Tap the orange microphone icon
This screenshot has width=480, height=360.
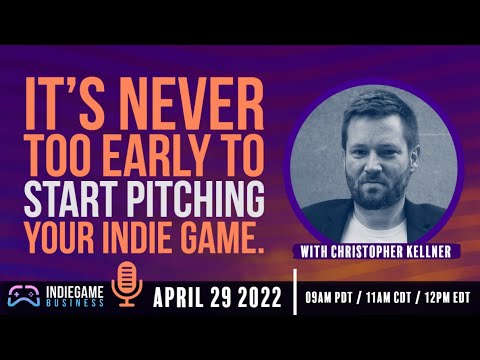click(x=125, y=282)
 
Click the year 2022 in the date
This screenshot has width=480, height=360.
click(x=265, y=297)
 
